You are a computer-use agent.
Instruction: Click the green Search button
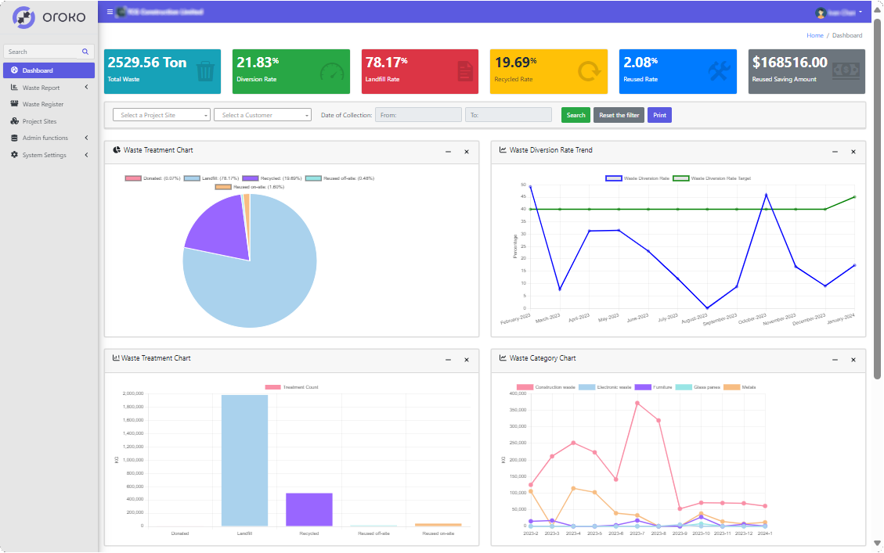pyautogui.click(x=576, y=115)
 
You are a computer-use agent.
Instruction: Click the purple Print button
pyautogui.click(x=659, y=115)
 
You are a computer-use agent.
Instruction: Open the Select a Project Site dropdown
pyautogui.click(x=162, y=115)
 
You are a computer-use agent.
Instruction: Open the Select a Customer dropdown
pyautogui.click(x=262, y=115)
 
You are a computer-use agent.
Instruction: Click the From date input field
pyautogui.click(x=418, y=115)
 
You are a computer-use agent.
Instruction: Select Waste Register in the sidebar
pyautogui.click(x=43, y=104)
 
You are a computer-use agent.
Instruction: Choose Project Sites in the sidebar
pyautogui.click(x=39, y=121)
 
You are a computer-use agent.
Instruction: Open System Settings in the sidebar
pyautogui.click(x=44, y=155)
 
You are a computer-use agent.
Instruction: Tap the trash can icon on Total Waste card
pyautogui.click(x=205, y=72)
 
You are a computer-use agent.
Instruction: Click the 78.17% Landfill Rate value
pyautogui.click(x=386, y=63)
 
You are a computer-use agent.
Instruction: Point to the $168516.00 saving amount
pyautogui.click(x=789, y=63)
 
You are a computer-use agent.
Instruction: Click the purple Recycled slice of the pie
pyautogui.click(x=215, y=227)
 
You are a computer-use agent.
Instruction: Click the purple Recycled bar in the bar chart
pyautogui.click(x=308, y=509)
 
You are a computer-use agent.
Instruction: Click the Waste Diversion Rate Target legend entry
pyautogui.click(x=712, y=178)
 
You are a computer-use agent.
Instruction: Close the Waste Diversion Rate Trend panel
pyautogui.click(x=853, y=152)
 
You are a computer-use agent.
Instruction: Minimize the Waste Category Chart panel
pyautogui.click(x=835, y=360)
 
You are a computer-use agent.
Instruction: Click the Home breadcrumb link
pyautogui.click(x=814, y=35)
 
